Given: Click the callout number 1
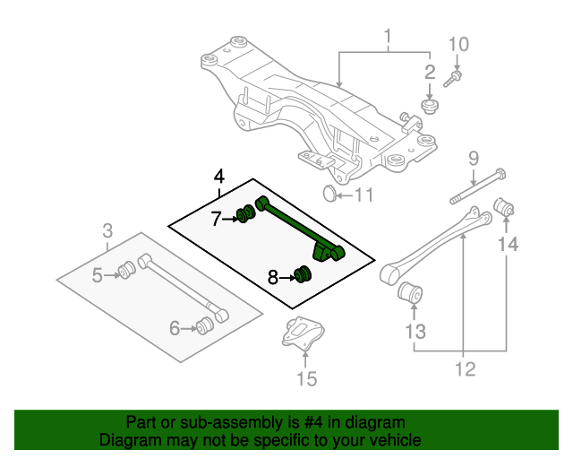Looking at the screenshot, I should coord(389,37).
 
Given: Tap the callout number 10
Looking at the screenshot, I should coord(458,44).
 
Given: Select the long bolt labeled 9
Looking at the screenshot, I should coord(474,189).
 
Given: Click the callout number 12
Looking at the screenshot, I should coord(465,368).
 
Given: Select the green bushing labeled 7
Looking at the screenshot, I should coord(243,215).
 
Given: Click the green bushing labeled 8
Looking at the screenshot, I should coord(303,273).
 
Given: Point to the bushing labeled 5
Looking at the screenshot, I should coord(127,268).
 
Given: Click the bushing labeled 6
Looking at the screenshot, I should coord(205,324).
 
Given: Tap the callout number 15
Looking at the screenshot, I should coord(306,379).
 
